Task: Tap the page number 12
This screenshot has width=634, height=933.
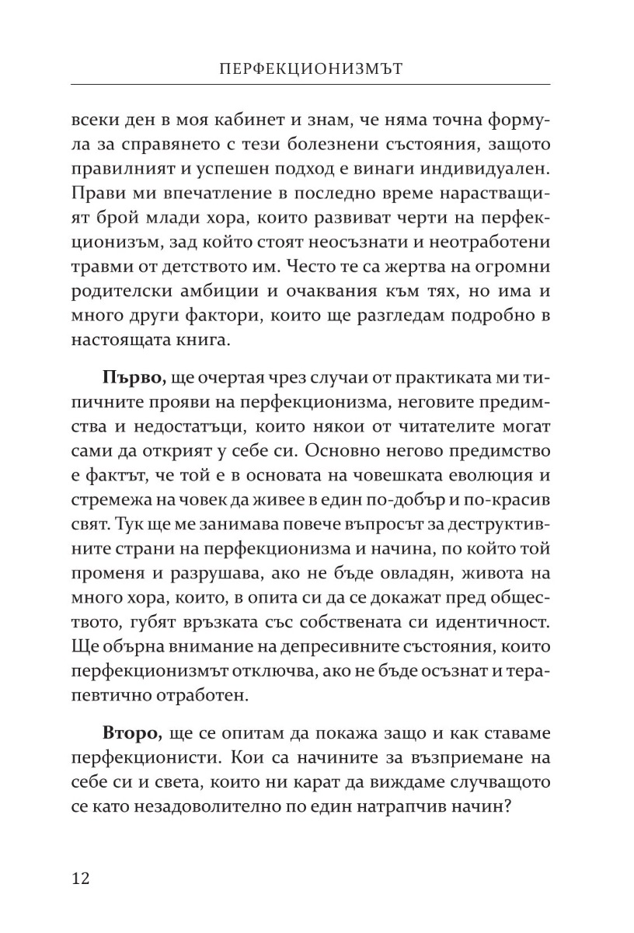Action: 81,879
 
